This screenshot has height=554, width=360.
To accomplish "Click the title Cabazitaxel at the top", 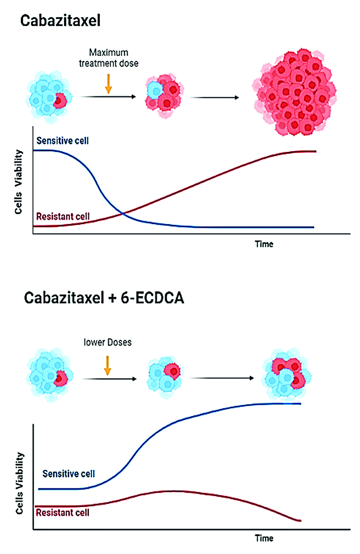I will pos(60,20).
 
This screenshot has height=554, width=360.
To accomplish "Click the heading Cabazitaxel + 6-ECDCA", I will pos(104,298).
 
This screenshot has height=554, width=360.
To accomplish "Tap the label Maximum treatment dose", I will pos(109,58).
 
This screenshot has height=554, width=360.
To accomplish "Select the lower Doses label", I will pos(107,342).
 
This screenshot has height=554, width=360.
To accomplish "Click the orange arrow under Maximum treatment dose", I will pos(109,84).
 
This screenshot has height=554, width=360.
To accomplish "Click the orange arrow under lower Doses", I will pos(108,365).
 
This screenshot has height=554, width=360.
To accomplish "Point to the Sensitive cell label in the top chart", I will pos(62,141).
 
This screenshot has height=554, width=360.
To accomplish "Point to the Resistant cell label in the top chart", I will pos(63,216).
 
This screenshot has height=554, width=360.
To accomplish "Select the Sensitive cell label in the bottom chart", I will pos(68,474).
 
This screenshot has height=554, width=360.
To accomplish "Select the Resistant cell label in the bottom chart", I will pos(62,513).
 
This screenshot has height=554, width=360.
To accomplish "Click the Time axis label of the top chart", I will pos(264,244).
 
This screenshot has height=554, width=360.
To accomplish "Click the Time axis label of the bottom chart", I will pos(264,538).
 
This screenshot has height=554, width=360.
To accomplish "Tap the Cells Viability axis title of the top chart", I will pos(19,182).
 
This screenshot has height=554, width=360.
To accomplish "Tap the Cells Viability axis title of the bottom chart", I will pos(19,483).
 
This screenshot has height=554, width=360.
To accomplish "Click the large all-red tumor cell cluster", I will pos(294,92).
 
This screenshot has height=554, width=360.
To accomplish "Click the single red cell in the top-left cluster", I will pos(60,101).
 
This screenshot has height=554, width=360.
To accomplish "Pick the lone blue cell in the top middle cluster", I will pos(155,90).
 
